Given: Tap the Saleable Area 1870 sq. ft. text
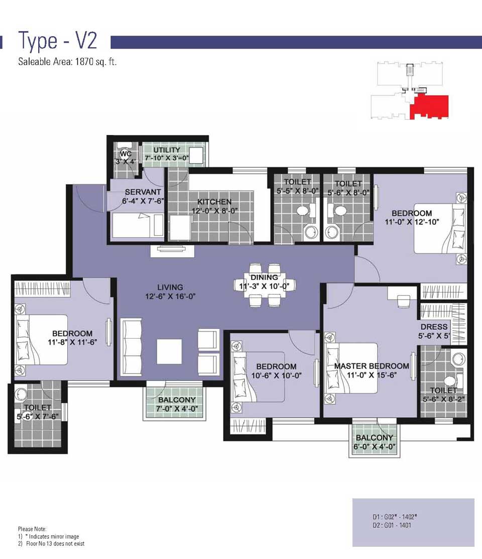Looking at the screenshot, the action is [67, 62].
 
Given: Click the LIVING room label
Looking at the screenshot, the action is [170, 288].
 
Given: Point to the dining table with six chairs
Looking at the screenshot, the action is [265, 285].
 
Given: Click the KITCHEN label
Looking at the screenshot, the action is [214, 202].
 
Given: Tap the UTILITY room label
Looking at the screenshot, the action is [167, 150].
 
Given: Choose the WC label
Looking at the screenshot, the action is [126, 154].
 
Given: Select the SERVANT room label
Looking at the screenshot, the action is [143, 192].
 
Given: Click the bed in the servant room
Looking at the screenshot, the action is [138, 225].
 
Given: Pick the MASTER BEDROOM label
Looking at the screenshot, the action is [372, 366].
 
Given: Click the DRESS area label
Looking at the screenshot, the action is [434, 327].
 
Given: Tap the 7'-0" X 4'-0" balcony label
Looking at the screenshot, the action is [177, 408].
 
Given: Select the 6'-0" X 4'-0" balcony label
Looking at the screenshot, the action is [374, 446].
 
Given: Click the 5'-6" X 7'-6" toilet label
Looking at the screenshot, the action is [38, 416].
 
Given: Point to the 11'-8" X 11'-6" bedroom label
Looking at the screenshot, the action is [72, 342].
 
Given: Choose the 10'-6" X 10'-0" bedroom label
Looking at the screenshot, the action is [276, 375].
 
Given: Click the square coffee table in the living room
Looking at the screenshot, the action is [169, 352].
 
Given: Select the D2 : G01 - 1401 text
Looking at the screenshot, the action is [392, 525].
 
